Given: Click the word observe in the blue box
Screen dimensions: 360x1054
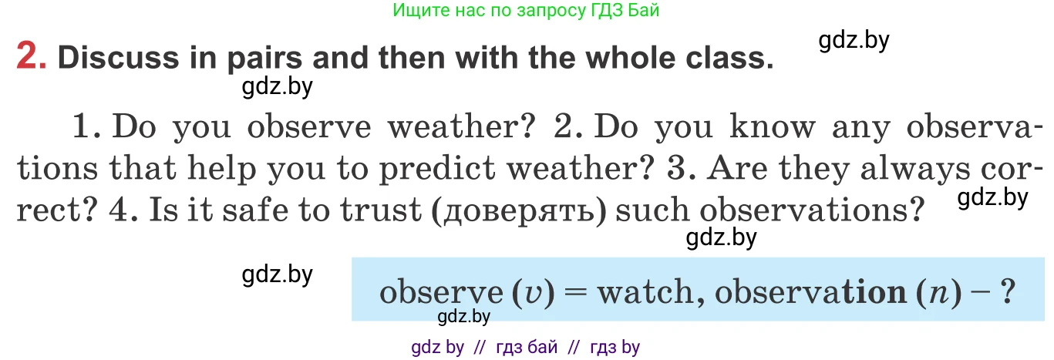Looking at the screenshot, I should [439, 293].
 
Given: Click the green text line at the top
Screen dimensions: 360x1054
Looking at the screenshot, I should [527, 11].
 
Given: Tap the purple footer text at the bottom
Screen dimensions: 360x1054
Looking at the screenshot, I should [527, 348].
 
